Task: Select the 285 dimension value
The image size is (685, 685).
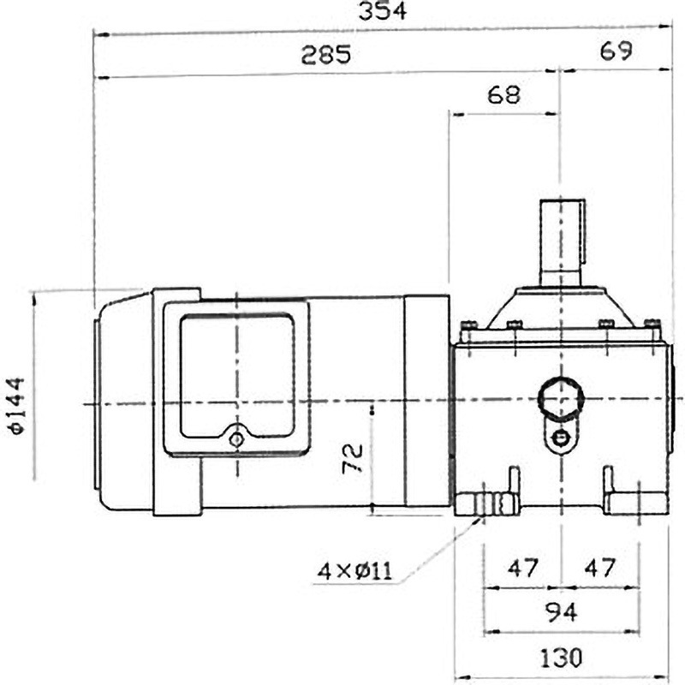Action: point(325,56)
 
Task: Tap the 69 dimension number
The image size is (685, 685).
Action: point(615,51)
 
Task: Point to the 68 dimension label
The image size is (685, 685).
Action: point(503,94)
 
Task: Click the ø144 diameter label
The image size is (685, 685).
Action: point(19,408)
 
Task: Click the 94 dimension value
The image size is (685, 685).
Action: point(561,613)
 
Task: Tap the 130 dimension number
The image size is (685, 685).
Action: point(561,658)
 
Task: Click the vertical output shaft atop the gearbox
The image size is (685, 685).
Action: point(561,241)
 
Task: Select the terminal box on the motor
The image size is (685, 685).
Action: point(235,377)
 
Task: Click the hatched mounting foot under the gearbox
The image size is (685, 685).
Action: point(485,503)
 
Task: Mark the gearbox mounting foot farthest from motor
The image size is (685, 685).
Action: point(635,501)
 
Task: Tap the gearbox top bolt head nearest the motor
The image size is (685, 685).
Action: point(467,325)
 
